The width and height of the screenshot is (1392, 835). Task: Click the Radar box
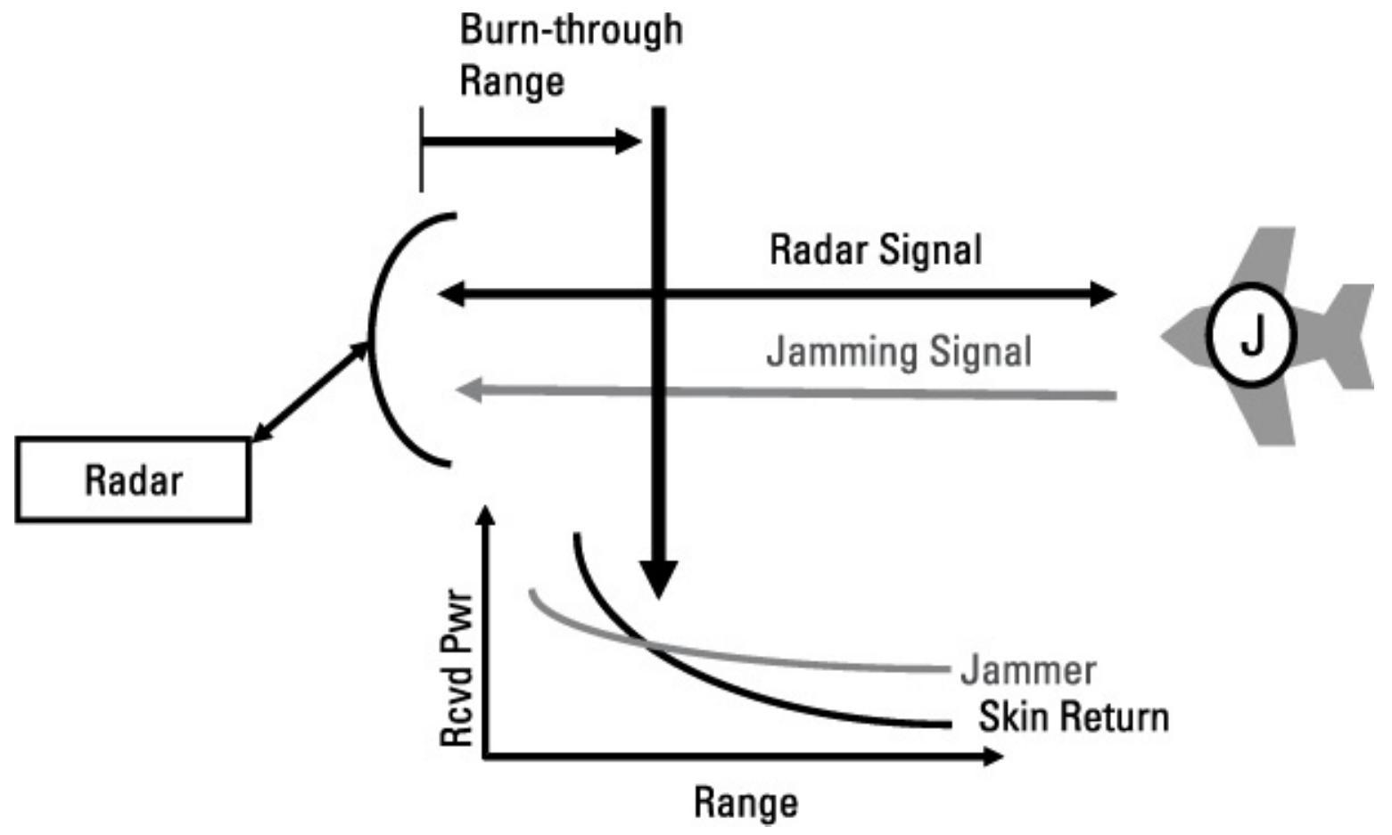point(133,479)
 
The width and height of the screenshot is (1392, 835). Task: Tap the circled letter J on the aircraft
point(1251,335)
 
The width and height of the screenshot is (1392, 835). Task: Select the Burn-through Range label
point(570,54)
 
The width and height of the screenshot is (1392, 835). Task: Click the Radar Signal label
point(875,250)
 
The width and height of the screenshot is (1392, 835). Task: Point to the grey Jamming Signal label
point(898,351)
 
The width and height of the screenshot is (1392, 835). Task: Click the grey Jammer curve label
point(1027,669)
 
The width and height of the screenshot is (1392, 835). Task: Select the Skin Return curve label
point(1073,716)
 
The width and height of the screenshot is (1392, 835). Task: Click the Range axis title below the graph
point(745,801)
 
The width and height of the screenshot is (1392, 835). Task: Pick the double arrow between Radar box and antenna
point(310,392)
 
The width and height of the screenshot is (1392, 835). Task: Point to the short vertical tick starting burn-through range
point(421,150)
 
